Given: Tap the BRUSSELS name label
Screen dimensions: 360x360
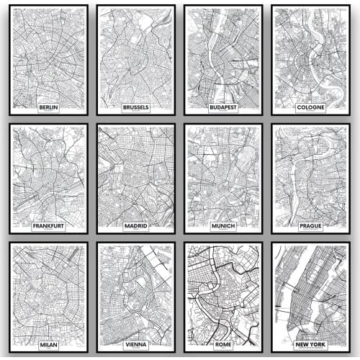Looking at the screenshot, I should pos(135,107).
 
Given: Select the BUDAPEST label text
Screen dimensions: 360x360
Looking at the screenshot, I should pos(223,107).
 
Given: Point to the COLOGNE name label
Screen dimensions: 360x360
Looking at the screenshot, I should pos(310,107).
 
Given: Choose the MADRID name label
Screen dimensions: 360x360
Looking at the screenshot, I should pos(135,226).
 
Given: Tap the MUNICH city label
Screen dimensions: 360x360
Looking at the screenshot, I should pos(223,226).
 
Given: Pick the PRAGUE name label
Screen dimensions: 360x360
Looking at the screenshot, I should pos(310,226).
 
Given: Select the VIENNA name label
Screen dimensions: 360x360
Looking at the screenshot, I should pos(135,345).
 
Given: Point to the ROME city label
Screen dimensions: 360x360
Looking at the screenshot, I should pos(223,345).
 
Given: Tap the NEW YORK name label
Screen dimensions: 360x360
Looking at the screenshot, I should pos(310,345).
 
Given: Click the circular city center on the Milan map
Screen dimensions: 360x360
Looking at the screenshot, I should pos(48,295).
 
